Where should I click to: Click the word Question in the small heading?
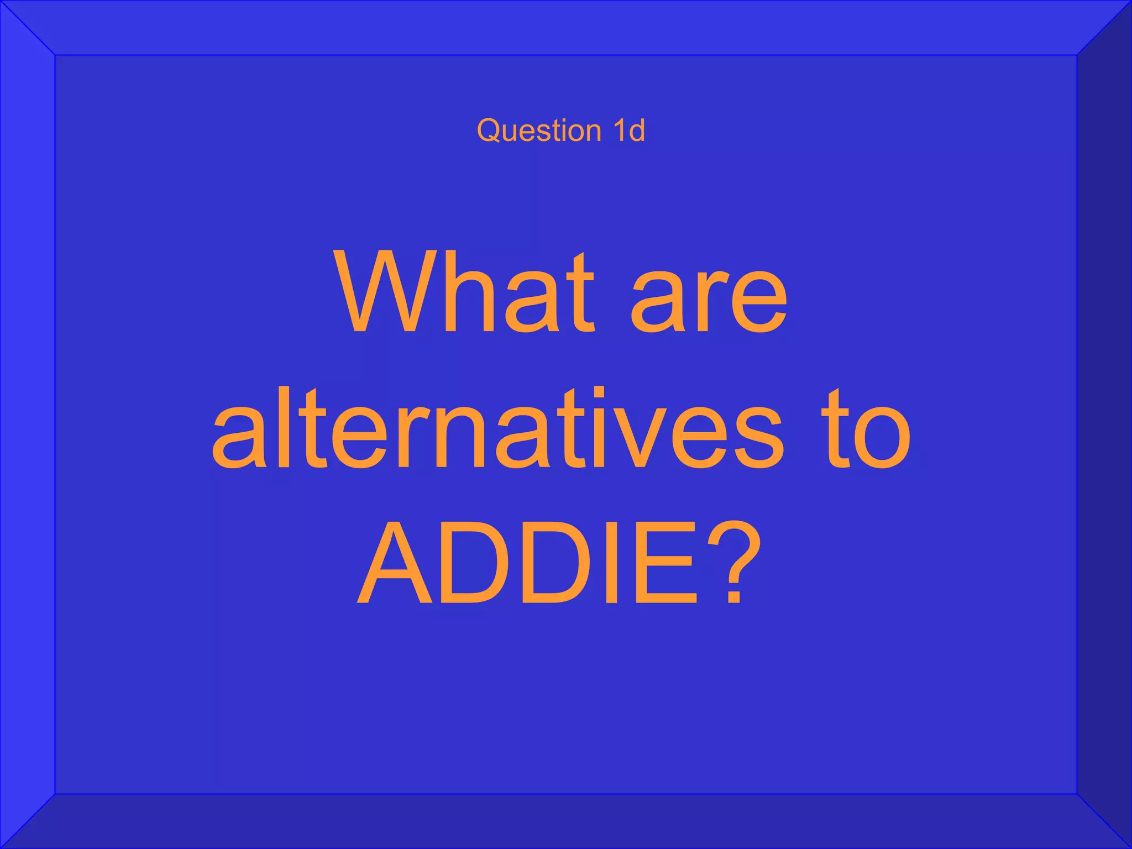coord(539,131)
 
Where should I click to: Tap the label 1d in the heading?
coord(628,130)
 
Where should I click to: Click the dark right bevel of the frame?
coord(1104,424)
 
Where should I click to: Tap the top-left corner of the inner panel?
coord(56,56)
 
